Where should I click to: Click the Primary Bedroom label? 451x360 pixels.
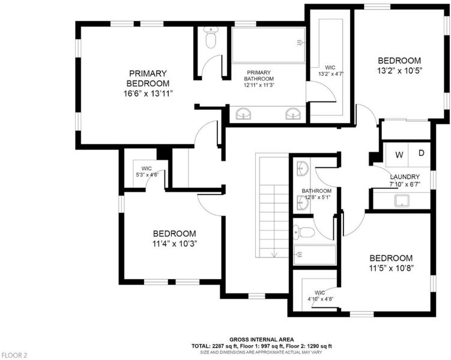pos(148,79)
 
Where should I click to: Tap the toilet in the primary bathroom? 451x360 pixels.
pos(211,37)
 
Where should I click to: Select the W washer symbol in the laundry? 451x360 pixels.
pos(399,155)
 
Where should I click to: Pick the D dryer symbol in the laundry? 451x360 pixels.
pos(422,153)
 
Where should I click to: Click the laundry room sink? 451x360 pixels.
pos(402,200)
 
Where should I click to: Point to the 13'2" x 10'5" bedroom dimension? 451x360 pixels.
pos(399,71)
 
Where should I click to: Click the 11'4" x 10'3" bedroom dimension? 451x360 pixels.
pos(175,244)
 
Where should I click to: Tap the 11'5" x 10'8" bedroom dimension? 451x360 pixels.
pos(391,268)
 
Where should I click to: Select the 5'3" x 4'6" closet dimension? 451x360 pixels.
pos(147,175)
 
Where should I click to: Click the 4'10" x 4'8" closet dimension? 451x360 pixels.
pos(321,299)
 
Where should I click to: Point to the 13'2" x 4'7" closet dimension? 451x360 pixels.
pos(331,74)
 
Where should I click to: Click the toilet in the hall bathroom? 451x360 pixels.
pos(304,232)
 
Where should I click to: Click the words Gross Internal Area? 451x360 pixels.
pos(261,340)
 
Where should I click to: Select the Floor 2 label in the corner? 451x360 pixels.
pos(14,355)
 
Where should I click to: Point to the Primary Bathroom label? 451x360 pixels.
pos(259,76)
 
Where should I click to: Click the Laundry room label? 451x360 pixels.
pos(405,176)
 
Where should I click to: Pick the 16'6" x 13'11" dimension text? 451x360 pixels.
pos(148,94)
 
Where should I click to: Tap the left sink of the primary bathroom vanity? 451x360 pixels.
pos(243,114)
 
